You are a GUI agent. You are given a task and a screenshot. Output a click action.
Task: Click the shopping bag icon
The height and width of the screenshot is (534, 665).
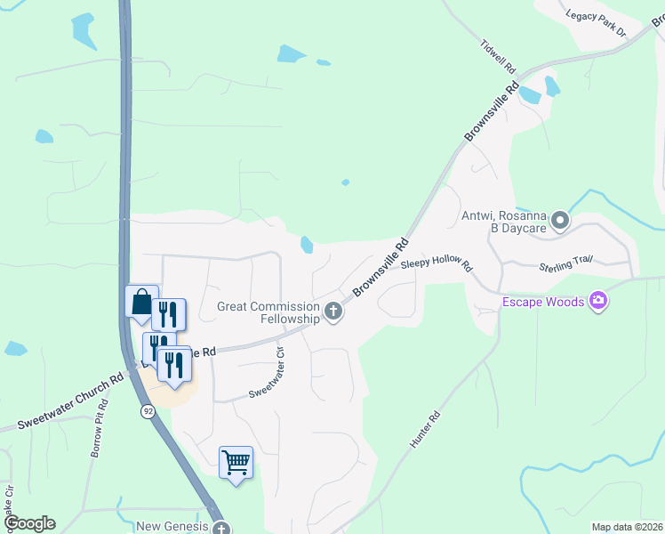click(142, 303)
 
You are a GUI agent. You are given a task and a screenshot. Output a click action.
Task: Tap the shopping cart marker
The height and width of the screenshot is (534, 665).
click(236, 462)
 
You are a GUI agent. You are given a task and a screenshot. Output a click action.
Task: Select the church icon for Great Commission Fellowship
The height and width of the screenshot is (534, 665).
click(333, 311)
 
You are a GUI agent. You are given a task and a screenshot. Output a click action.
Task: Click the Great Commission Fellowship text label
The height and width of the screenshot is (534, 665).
click(268, 312)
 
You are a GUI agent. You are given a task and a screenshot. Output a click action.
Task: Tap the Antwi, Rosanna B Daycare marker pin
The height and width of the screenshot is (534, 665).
click(560, 219)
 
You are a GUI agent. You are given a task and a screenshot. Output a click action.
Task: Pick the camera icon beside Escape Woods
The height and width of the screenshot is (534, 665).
click(598, 302)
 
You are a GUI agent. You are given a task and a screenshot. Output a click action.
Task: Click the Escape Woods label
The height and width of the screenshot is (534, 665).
click(543, 302)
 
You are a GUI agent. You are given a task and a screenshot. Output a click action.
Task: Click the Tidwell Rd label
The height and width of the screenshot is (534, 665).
click(498, 55)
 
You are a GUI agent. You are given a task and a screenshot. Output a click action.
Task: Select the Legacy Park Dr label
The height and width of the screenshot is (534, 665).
click(597, 24)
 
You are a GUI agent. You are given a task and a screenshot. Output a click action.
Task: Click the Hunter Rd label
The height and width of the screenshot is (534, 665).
click(424, 429)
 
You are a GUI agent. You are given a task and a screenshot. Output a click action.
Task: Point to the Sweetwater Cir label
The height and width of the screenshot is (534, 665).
click(269, 371)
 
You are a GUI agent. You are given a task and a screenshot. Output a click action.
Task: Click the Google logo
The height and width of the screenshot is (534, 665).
click(29, 523)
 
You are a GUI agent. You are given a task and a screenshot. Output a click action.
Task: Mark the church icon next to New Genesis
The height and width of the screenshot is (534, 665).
click(220, 528)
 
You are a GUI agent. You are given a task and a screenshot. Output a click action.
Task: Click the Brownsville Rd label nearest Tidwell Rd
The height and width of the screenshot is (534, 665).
click(491, 113)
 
